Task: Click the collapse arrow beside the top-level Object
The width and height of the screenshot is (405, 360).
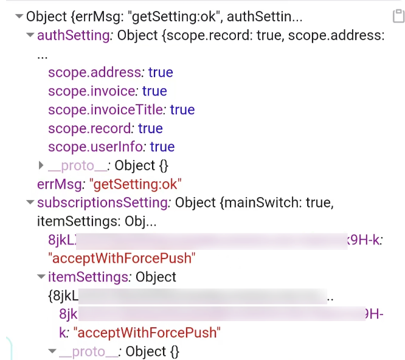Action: coord(19,17)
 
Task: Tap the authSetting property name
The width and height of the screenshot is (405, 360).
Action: coord(73,35)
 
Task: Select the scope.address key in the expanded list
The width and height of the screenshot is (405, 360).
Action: coord(94,72)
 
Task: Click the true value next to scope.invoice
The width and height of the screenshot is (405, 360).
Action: coord(154,91)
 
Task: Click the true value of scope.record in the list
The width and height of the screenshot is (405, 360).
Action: coord(150,128)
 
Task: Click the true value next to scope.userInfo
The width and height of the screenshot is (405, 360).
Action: coord(162,147)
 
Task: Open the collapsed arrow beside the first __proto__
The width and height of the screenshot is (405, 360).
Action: coord(41,165)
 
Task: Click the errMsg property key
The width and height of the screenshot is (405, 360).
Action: coord(51,184)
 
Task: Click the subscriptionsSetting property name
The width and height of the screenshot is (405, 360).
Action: coord(102,202)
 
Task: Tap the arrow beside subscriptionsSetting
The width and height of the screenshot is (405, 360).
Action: coord(30,202)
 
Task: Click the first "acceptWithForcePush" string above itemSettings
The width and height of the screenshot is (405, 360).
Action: coord(121,258)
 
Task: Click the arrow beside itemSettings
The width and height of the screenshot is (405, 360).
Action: coord(41,277)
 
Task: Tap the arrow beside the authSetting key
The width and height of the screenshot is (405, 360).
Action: coord(30,35)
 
